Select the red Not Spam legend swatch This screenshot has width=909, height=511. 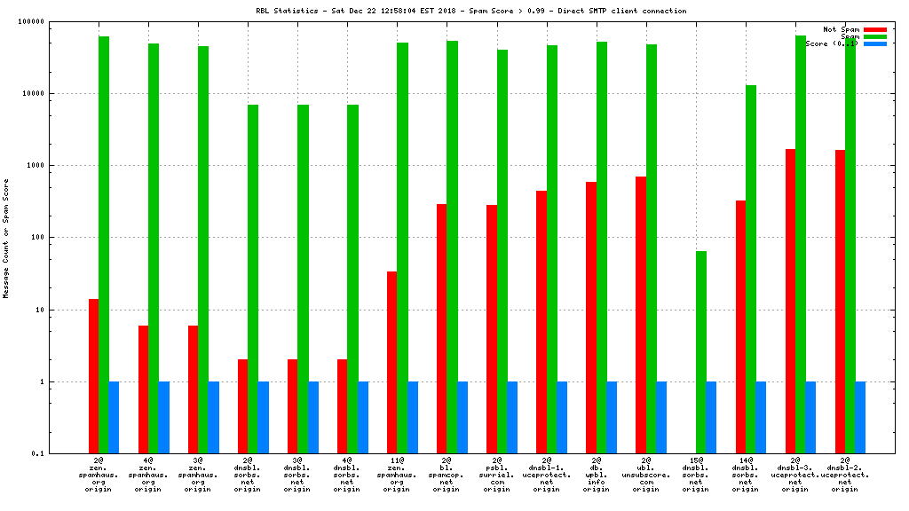click(x=874, y=29)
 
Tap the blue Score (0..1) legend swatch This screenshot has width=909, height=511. click(x=874, y=43)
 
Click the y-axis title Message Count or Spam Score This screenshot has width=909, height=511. click(x=6, y=238)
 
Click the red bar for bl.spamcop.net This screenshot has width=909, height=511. click(x=441, y=328)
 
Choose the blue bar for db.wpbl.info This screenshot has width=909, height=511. click(x=612, y=418)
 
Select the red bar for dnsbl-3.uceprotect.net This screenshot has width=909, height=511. click(x=790, y=301)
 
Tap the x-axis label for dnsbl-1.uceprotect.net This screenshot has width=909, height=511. click(x=546, y=476)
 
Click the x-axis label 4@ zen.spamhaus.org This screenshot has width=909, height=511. click(x=147, y=476)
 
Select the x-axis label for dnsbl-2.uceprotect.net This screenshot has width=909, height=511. click(x=845, y=476)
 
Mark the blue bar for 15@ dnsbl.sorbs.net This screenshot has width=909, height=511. click(x=711, y=418)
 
